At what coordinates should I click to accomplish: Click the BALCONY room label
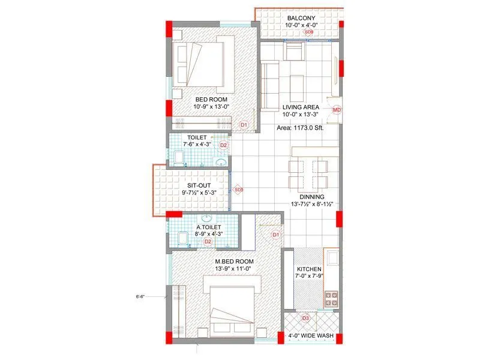tap(301, 18)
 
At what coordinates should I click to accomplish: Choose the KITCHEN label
tap(309, 269)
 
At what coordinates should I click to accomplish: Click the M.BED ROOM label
tap(235, 262)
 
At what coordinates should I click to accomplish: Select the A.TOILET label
tap(208, 227)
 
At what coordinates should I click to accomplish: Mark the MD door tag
tap(337, 110)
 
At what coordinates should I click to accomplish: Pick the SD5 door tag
tap(238, 190)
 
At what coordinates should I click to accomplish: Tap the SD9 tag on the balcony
tap(308, 32)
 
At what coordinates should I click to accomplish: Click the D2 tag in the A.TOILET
tap(208, 241)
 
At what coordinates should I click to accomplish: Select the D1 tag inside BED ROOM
tap(244, 125)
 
